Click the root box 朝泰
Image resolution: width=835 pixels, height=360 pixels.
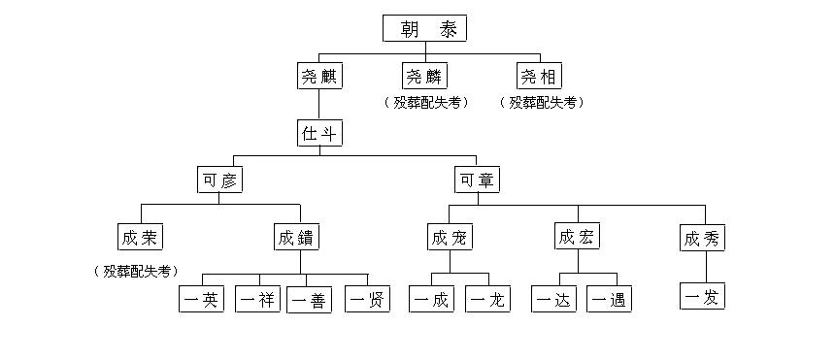click(x=424, y=29)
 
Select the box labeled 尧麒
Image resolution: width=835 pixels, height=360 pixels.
click(x=318, y=77)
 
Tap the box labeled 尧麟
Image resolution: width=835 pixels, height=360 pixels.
click(x=424, y=77)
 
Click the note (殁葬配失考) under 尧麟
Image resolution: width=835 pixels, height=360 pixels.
click(x=424, y=103)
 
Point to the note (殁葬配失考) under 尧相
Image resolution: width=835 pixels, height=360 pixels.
click(x=541, y=103)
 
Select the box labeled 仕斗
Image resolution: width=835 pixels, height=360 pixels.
click(x=318, y=134)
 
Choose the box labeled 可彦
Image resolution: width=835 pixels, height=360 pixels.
click(x=218, y=180)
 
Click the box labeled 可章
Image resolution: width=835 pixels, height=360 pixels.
click(x=477, y=180)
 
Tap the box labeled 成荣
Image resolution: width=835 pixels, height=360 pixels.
click(x=139, y=238)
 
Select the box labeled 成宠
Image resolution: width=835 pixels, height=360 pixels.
click(x=449, y=238)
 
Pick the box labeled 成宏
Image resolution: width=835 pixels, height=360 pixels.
click(x=577, y=238)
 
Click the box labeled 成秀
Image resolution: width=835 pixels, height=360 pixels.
click(x=702, y=238)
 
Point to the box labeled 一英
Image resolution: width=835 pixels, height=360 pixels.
click(x=202, y=300)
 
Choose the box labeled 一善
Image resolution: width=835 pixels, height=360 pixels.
click(x=311, y=300)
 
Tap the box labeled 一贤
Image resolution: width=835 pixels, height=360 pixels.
click(x=368, y=300)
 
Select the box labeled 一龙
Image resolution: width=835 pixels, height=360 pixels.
click(x=487, y=300)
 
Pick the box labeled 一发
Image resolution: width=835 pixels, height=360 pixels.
click(x=702, y=296)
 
